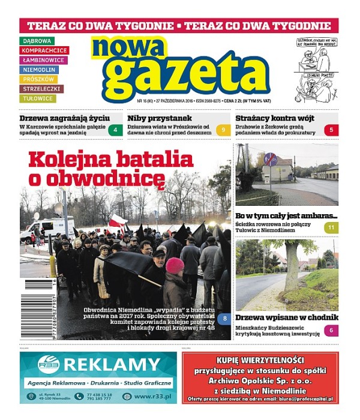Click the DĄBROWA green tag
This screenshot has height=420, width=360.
pos(37,41)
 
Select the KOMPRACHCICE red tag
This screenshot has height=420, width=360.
pos(45,50)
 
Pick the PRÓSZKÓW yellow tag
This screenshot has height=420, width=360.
pos(40,79)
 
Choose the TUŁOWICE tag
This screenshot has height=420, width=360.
pos(39,98)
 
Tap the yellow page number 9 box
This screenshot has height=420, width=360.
pos(223,130)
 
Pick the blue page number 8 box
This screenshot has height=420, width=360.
pos(223,319)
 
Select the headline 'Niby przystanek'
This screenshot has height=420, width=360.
pos(159,118)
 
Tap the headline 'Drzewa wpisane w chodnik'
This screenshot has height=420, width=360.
pos(286,318)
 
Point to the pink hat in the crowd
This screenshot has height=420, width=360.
pos(175,265)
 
